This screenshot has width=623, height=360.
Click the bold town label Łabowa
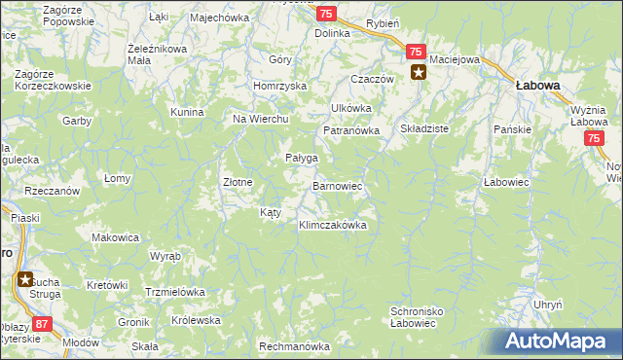536,86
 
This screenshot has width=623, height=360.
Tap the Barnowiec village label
337,184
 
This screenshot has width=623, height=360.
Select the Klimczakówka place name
332,225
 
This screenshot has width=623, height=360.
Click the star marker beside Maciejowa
418,71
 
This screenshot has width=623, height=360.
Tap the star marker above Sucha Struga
23,280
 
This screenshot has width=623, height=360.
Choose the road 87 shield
41,323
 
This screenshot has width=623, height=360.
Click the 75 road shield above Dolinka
326,12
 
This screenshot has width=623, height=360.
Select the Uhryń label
548,305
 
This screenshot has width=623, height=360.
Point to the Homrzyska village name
279,86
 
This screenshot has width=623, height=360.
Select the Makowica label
115,237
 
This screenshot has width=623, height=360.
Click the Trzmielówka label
174,291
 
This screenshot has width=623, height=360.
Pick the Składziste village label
424,127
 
